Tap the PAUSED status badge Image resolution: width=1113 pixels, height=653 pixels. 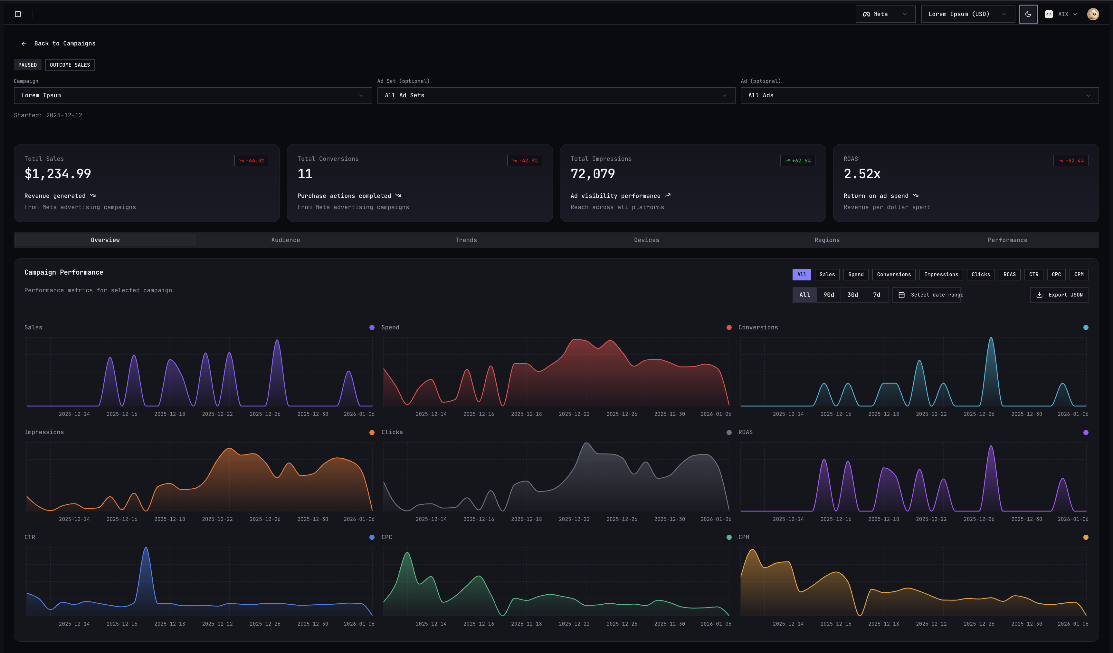[27, 65]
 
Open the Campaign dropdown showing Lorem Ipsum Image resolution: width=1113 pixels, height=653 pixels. [193, 95]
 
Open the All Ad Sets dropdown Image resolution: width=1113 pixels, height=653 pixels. [556, 95]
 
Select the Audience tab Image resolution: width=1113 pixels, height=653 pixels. [285, 240]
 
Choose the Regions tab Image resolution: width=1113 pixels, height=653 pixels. [827, 240]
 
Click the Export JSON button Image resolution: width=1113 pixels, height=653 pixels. [1059, 295]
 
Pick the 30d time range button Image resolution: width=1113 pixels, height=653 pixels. [852, 295]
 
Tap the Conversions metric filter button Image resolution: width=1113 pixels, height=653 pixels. [893, 275]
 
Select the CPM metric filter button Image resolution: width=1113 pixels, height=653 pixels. [1079, 275]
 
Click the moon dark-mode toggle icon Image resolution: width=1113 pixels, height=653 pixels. [1028, 14]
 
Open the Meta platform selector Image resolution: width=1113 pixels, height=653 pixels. [885, 14]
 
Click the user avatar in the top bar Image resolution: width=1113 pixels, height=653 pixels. [1093, 14]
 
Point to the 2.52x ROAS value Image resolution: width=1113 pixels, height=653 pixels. [862, 174]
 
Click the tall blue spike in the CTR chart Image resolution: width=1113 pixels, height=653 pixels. [146, 553]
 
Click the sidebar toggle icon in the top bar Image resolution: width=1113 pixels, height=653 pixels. [18, 14]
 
